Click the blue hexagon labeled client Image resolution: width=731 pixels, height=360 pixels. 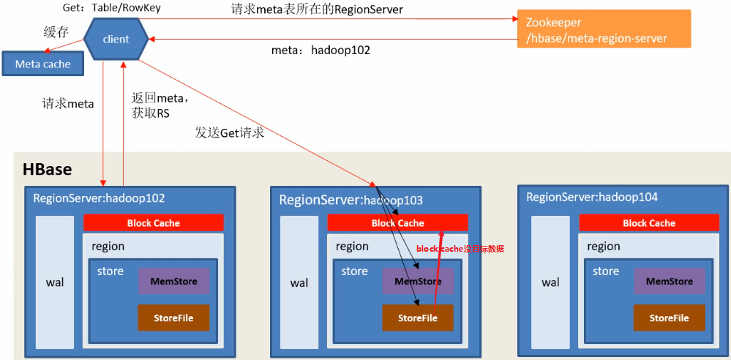click(116, 40)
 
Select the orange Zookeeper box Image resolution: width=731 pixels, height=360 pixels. click(604, 29)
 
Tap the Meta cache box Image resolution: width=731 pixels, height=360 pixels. click(42, 64)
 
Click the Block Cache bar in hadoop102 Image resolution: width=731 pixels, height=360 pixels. click(154, 223)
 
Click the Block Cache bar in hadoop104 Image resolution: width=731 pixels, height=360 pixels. click(649, 223)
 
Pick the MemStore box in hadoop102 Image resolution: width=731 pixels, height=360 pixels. click(174, 282)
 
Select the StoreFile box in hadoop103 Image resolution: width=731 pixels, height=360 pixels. click(418, 318)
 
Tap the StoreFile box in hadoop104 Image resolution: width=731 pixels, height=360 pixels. click(670, 318)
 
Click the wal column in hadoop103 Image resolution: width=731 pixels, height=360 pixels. click(299, 282)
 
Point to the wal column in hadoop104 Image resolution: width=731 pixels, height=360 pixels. click(551, 282)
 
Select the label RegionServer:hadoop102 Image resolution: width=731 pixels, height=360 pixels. click(99, 198)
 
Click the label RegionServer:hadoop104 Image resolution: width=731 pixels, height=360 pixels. click(592, 198)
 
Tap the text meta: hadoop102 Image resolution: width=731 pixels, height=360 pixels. click(320, 50)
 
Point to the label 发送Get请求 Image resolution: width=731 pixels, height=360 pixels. click(229, 132)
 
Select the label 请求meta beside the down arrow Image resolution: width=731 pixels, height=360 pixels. click(68, 104)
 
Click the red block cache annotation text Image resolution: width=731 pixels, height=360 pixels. click(460, 249)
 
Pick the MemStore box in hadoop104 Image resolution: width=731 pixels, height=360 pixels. click(670, 282)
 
